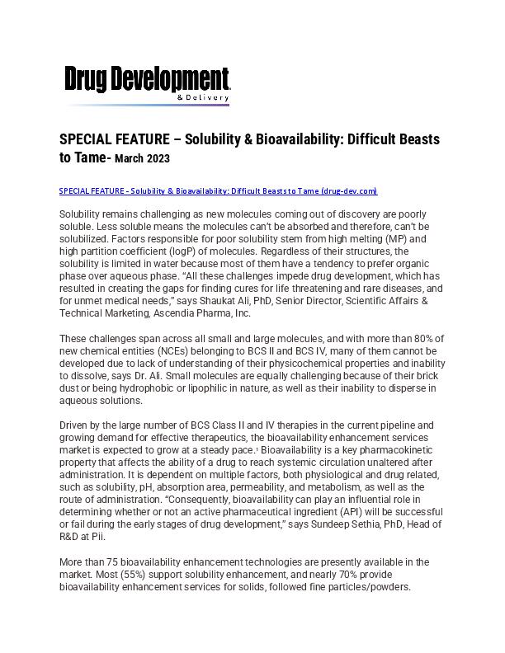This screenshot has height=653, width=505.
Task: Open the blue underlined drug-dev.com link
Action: [x=218, y=191]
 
